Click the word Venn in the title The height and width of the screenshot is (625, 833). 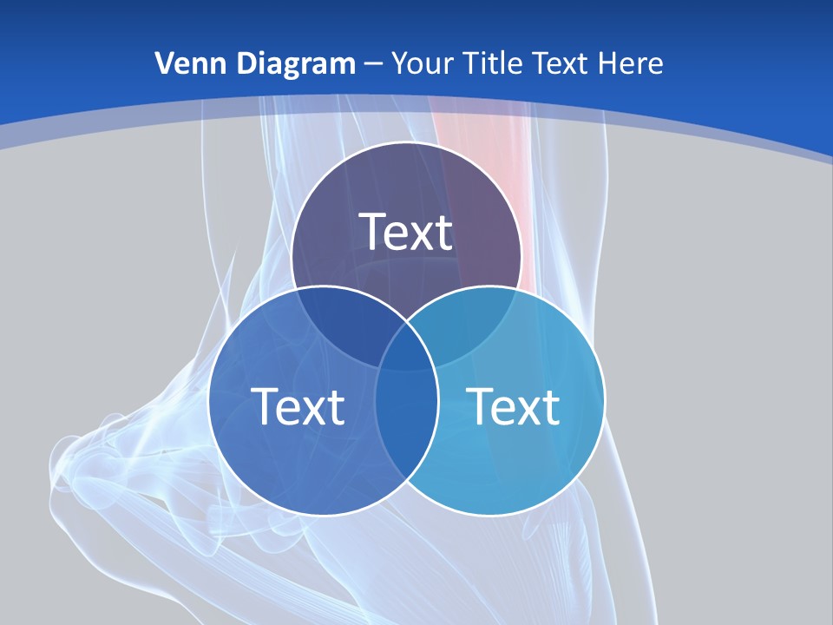[x=185, y=63]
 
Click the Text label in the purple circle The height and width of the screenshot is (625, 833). [x=406, y=232]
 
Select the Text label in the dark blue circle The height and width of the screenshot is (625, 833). [x=298, y=406]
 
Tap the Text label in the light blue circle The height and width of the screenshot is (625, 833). [x=514, y=406]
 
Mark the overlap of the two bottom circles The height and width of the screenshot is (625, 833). [x=407, y=417]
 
